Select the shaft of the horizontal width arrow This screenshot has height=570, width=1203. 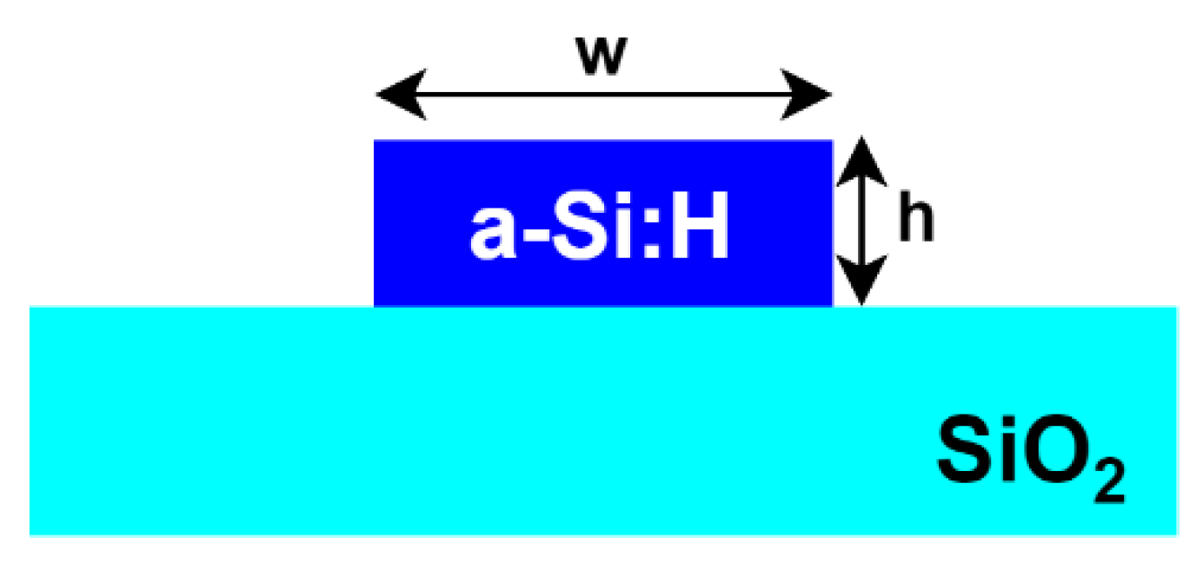pyautogui.click(x=603, y=95)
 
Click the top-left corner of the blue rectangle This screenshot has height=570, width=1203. pyautogui.click(x=375, y=141)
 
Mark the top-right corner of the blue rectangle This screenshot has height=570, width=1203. pyautogui.click(x=832, y=141)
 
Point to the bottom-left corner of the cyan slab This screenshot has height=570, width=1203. pyautogui.click(x=30, y=534)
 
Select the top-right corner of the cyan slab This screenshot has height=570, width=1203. pyautogui.click(x=1176, y=308)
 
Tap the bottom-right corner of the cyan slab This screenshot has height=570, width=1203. pyautogui.click(x=1176, y=534)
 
